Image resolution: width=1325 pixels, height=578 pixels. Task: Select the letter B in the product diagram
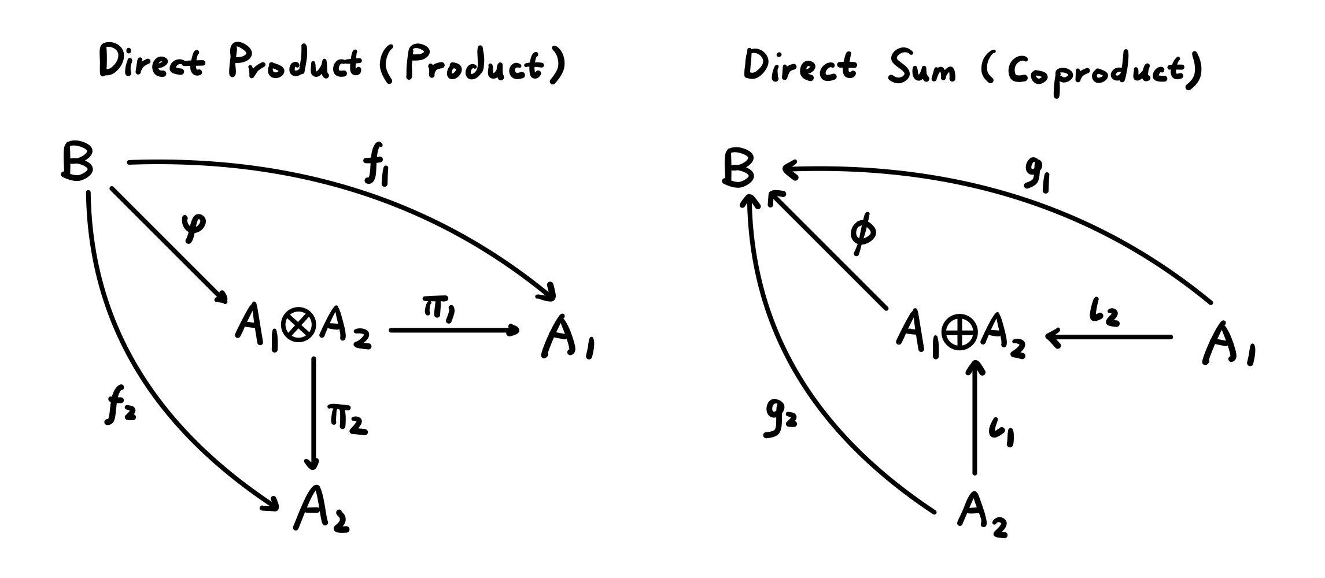pyautogui.click(x=77, y=162)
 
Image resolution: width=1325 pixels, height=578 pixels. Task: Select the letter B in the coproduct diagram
pyautogui.click(x=739, y=169)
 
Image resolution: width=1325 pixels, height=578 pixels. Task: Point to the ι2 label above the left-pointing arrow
pyautogui.click(x=1103, y=315)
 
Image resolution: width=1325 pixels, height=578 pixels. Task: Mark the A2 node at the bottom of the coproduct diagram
pyautogui.click(x=982, y=514)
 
